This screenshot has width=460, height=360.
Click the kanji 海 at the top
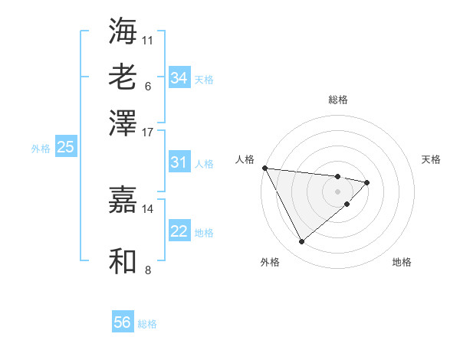[x=123, y=31]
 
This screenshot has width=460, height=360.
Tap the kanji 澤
[x=123, y=122]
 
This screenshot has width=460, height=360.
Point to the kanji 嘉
[x=123, y=201]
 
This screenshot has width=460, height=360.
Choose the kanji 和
[x=123, y=261]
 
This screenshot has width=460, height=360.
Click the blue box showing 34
[x=179, y=78]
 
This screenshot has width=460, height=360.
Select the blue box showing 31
[x=179, y=162]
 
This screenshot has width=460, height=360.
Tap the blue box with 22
[x=179, y=231]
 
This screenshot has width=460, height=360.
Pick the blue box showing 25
[x=66, y=148]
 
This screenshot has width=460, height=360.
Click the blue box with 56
[x=123, y=322]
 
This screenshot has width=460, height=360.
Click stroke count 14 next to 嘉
[x=148, y=208]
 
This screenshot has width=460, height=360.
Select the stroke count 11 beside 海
[x=148, y=38]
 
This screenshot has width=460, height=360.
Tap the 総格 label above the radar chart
[x=338, y=100]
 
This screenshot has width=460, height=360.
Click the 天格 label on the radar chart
[x=432, y=159]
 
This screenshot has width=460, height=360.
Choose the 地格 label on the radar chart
[x=402, y=262]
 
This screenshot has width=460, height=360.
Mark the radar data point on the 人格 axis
[x=264, y=168]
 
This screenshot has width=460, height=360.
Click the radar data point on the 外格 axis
[x=301, y=242]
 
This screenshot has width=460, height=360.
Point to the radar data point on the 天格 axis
[x=367, y=182]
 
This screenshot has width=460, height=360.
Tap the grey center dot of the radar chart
[x=338, y=191]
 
